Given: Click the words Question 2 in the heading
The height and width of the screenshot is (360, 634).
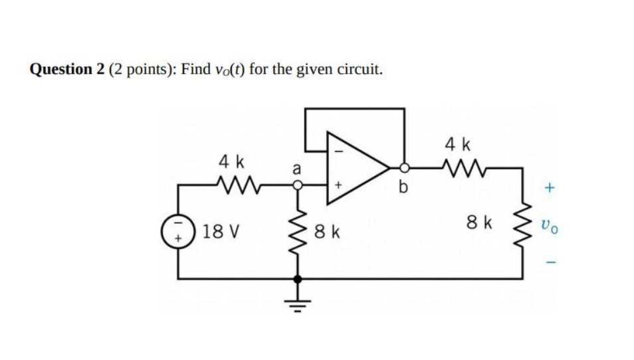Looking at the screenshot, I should pos(63,69).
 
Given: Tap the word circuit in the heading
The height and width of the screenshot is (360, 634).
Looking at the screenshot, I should pos(361,69).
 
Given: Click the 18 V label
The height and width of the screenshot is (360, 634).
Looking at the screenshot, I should pos(222,232).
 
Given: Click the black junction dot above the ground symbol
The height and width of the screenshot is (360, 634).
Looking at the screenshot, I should pos(298,279).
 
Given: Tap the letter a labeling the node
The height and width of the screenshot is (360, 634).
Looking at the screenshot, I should pos(297,171).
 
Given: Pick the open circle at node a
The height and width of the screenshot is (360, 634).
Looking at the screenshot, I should pos(298,187).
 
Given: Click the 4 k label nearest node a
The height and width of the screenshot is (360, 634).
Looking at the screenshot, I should pos(232,161).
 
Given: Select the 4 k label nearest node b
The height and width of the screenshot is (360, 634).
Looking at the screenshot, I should pos(458,143).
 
